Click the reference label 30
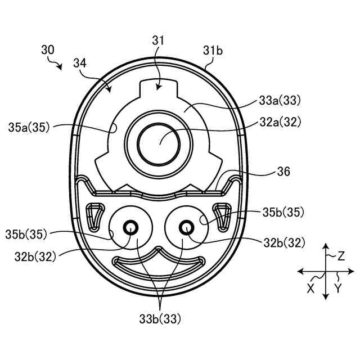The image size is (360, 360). pos(48,50)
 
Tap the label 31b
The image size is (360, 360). pos(213,51)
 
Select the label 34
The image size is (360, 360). pos(80,63)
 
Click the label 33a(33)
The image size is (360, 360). pos(280,100)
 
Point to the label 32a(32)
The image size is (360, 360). pos(280,122)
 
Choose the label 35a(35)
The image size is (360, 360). pos(29,127)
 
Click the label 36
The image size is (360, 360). pos(283,171)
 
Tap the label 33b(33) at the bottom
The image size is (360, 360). pos(160,319)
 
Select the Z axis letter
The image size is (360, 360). pos(341,255)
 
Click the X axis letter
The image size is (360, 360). pos(310,289)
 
